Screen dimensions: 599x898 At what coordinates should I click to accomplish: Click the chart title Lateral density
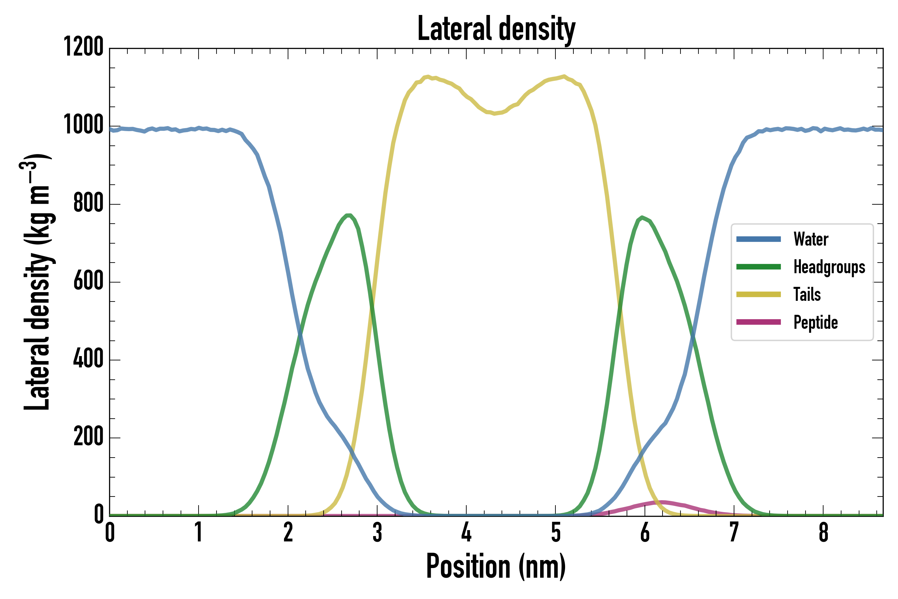click(x=496, y=29)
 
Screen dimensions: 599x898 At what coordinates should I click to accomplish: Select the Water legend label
click(x=811, y=240)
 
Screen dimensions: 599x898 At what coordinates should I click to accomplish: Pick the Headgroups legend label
click(x=829, y=267)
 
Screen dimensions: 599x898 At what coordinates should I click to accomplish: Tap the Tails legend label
click(x=807, y=295)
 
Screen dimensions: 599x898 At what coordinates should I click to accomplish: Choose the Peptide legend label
click(x=816, y=322)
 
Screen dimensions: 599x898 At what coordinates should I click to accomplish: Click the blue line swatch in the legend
click(x=758, y=240)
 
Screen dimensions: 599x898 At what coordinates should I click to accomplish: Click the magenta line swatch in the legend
click(x=758, y=322)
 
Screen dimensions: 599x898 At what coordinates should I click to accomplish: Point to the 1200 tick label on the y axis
click(x=83, y=47)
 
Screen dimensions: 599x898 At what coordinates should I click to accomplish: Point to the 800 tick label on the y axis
click(x=88, y=203)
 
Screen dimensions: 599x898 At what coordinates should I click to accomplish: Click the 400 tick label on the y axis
click(x=88, y=359)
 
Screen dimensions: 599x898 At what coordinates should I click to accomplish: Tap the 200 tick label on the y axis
click(x=88, y=437)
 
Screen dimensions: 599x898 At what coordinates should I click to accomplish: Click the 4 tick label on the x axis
click(x=466, y=532)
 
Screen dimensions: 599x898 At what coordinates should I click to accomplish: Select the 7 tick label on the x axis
click(x=734, y=532)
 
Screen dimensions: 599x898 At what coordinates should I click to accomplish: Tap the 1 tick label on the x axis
click(x=199, y=532)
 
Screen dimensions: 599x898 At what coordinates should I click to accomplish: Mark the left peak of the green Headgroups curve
click(x=348, y=215)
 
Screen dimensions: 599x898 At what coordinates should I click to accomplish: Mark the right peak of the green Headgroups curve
click(x=643, y=217)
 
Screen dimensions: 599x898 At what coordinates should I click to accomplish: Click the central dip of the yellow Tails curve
click(x=495, y=113)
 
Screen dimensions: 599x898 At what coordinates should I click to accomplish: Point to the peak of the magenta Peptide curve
click(x=663, y=502)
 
